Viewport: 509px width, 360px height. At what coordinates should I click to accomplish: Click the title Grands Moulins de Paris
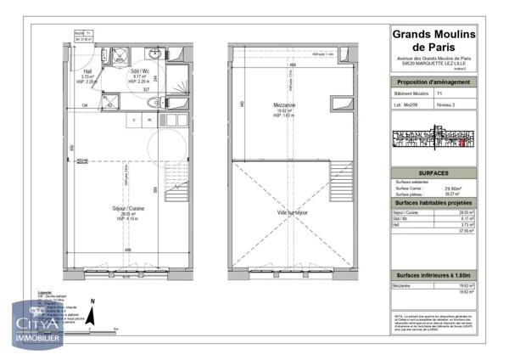(433, 40)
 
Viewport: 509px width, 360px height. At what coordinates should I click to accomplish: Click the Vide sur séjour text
(290, 212)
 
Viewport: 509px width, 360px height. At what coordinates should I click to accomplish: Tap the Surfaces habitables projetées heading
(433, 204)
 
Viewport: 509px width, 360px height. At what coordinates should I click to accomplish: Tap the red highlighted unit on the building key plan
(461, 143)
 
